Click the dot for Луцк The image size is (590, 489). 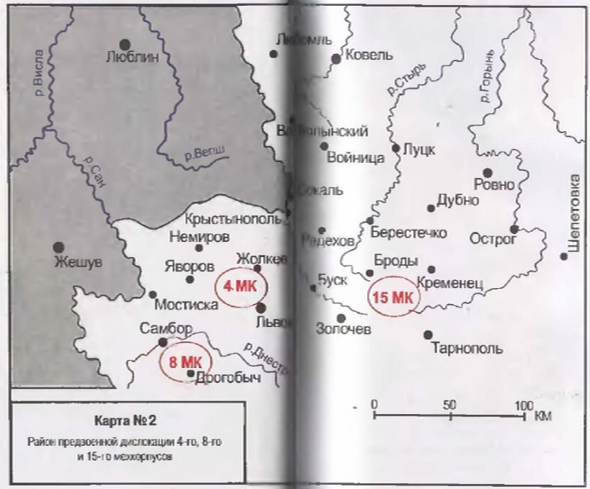(395, 148)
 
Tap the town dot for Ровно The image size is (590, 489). (488, 173)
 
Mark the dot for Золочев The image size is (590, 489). (341, 318)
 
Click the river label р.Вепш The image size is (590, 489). (204, 151)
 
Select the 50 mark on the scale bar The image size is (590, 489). (449, 404)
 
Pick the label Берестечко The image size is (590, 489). (408, 233)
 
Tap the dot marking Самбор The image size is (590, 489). (163, 342)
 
